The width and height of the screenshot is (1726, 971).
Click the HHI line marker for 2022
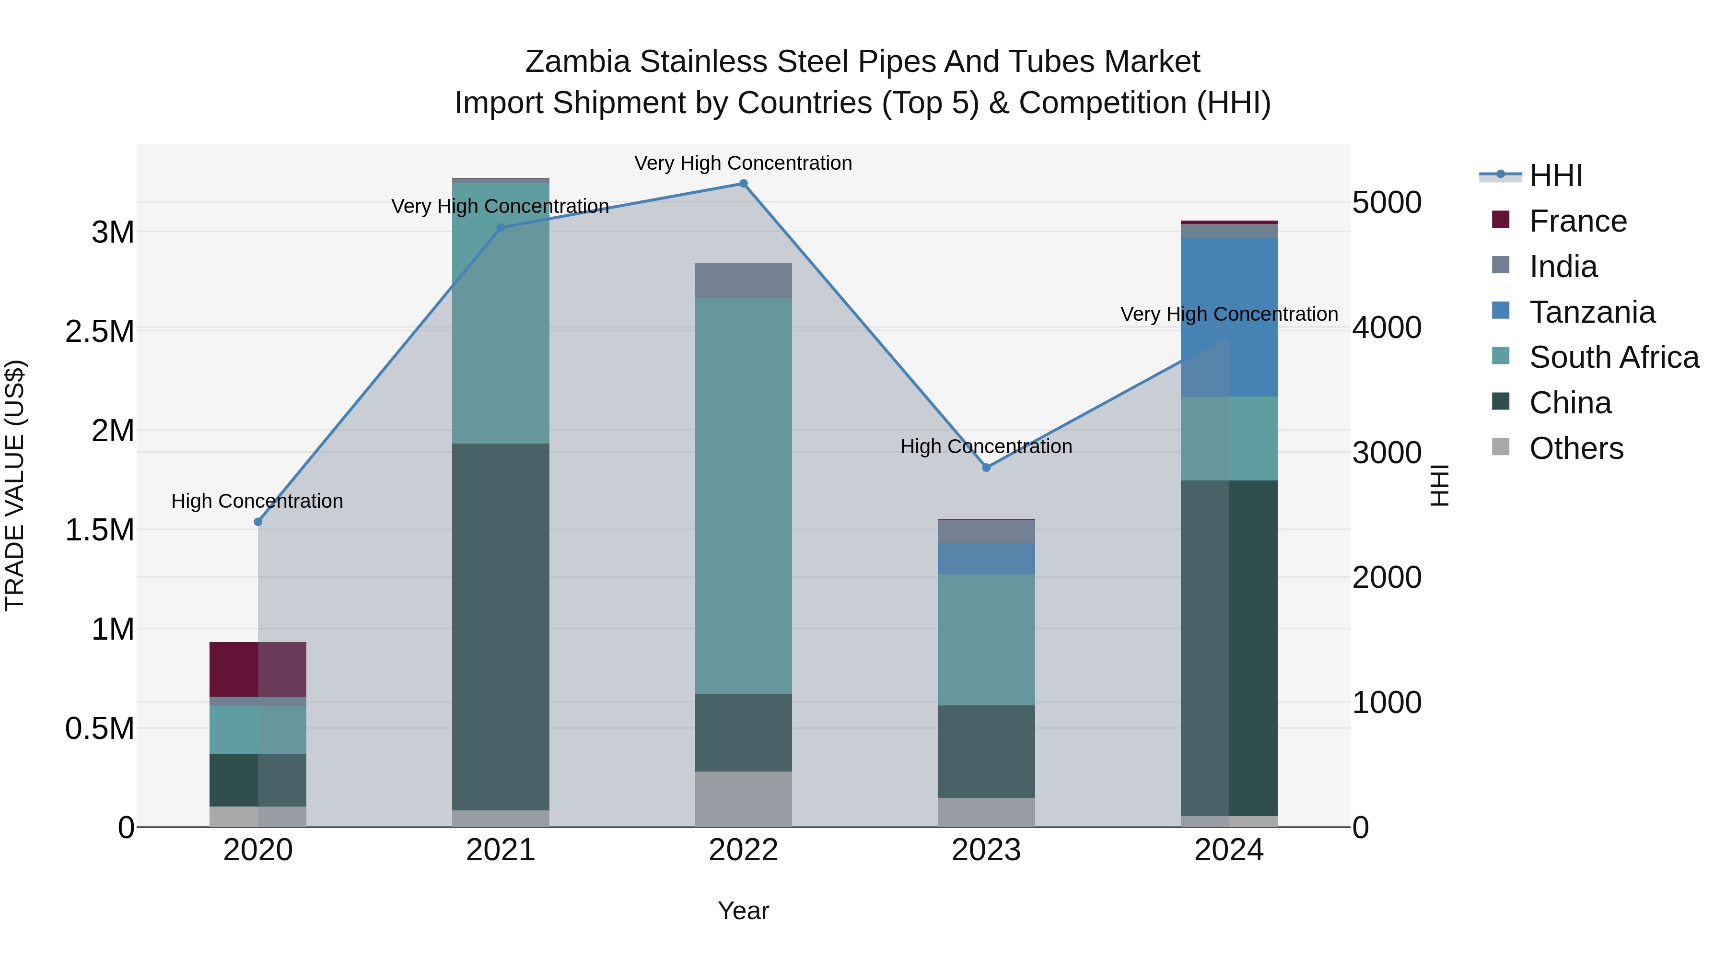pos(743,184)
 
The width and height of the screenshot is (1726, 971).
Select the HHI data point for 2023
pos(986,468)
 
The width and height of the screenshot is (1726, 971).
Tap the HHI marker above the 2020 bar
pos(258,522)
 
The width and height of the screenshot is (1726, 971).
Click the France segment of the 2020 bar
pos(258,669)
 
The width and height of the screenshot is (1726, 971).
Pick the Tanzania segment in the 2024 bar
pos(1229,317)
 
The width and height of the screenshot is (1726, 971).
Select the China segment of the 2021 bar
pos(501,627)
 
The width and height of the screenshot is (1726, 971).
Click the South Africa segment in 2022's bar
pos(743,496)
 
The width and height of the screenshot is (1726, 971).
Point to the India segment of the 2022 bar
pos(743,281)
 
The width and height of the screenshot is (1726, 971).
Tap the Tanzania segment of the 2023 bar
pos(986,558)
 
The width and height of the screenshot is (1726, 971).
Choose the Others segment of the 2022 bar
pos(743,799)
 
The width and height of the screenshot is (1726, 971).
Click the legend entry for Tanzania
pos(1591,312)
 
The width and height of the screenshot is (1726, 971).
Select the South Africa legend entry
pos(1613,357)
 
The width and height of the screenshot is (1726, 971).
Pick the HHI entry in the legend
pos(1555,175)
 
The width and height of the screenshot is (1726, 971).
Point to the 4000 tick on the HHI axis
pos(1386,328)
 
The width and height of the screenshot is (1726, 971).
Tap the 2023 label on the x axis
pos(986,850)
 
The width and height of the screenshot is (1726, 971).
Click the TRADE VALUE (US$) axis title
pos(15,485)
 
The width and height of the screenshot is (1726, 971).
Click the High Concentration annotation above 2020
pos(257,501)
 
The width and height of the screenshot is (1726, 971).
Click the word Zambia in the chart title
pos(578,62)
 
